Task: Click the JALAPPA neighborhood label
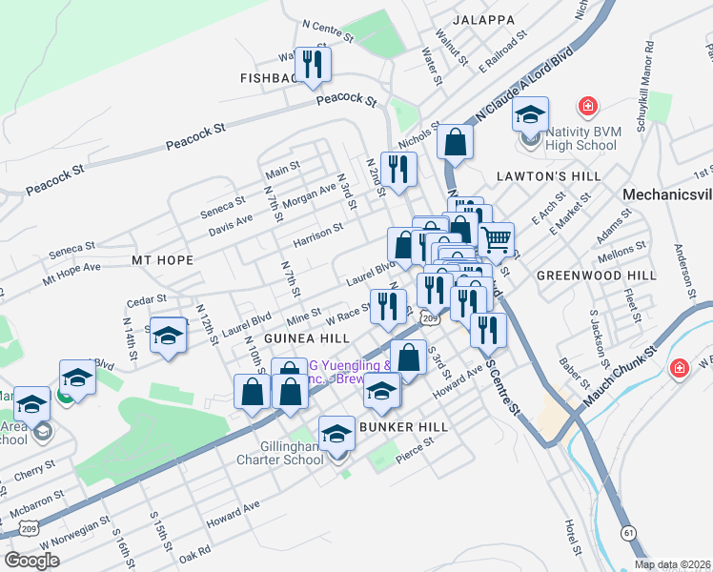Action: pyautogui.click(x=484, y=19)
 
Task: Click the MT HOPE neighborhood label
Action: pyautogui.click(x=162, y=259)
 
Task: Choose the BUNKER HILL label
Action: pyautogui.click(x=397, y=427)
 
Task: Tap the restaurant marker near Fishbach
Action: pyautogui.click(x=312, y=64)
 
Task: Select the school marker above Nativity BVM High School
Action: pyautogui.click(x=531, y=114)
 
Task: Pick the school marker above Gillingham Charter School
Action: pyautogui.click(x=336, y=434)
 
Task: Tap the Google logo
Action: pyautogui.click(x=32, y=560)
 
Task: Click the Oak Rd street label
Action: pyautogui.click(x=194, y=553)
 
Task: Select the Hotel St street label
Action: pyautogui.click(x=572, y=539)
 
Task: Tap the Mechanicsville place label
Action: pyautogui.click(x=666, y=194)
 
